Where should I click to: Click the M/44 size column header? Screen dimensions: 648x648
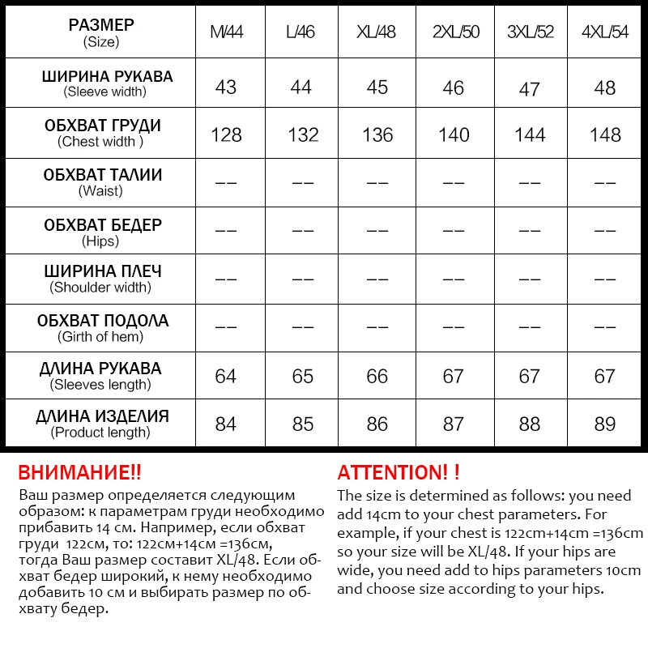(226, 32)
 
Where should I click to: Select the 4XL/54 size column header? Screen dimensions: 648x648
(605, 32)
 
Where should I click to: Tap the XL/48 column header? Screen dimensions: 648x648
(377, 32)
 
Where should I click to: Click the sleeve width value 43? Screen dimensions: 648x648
(226, 87)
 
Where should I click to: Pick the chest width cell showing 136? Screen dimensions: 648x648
(377, 134)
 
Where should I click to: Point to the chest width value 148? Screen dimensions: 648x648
(605, 134)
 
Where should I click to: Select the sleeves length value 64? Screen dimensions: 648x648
(226, 377)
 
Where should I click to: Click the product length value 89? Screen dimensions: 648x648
(605, 424)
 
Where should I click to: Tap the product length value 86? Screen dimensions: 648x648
(377, 424)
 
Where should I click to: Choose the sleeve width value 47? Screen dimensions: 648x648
(530, 87)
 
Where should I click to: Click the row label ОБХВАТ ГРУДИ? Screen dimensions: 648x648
(102, 126)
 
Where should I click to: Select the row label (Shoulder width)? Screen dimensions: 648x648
(100, 288)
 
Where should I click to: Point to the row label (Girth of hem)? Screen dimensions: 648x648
(100, 336)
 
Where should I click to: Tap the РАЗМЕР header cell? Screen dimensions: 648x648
(101, 25)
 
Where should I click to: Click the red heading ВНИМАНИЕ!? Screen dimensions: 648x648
(79, 472)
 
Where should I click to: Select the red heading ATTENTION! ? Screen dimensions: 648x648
(399, 472)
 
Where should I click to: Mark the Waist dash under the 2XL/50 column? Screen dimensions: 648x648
(454, 183)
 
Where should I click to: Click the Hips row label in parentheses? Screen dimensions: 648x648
(100, 241)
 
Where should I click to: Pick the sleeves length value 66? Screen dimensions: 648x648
(377, 377)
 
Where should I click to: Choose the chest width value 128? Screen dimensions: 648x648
(226, 134)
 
